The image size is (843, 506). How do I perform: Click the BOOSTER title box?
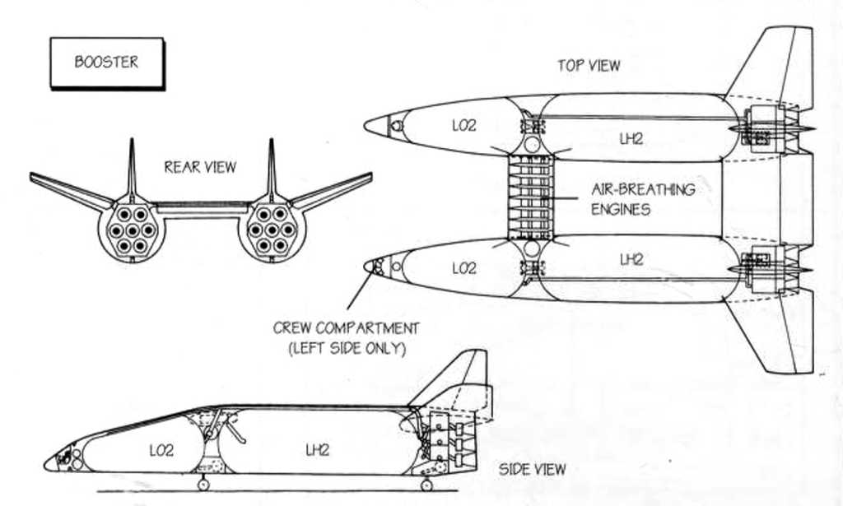[x=106, y=63]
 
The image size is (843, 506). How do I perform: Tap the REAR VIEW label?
[x=200, y=167]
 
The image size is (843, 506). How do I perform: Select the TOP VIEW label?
[x=589, y=65]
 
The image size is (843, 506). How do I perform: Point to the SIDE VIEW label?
[x=533, y=470]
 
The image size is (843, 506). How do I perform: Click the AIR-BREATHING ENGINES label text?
[x=642, y=199]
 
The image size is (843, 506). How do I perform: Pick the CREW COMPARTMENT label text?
[x=346, y=338]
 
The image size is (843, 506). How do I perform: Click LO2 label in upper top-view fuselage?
[x=464, y=126]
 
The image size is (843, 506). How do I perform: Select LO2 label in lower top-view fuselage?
[x=464, y=268]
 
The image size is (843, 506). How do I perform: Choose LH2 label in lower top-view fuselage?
[x=631, y=260]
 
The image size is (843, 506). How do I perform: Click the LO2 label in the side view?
[x=161, y=450]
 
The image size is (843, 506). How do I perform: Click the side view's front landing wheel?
[x=203, y=484]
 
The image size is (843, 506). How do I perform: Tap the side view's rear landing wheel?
[x=426, y=485]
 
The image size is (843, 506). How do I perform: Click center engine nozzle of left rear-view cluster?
[x=132, y=230]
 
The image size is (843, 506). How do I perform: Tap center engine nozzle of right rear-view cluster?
[x=272, y=230]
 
